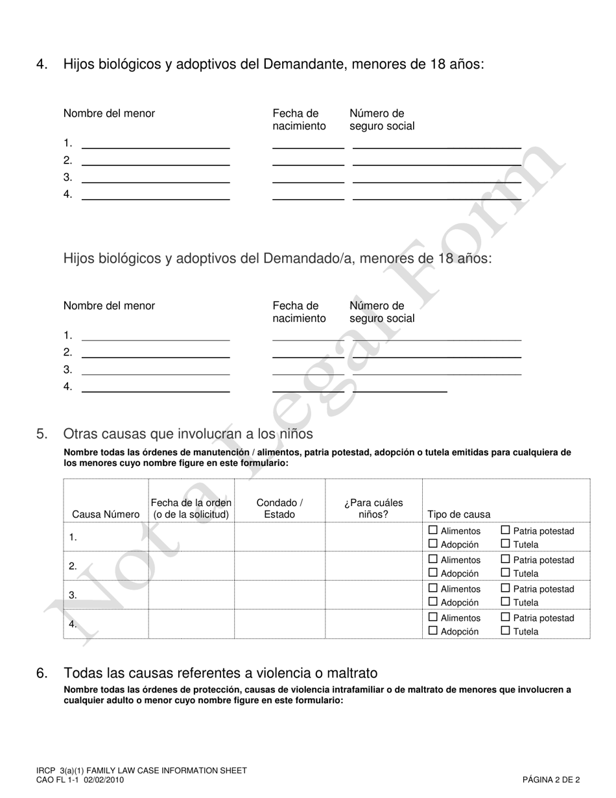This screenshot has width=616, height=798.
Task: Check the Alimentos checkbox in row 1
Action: click(433, 530)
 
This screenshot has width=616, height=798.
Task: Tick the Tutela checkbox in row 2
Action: click(506, 573)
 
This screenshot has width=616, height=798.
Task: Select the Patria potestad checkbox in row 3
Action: click(506, 588)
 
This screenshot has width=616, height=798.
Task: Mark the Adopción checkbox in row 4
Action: click(433, 631)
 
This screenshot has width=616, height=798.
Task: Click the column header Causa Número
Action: click(106, 514)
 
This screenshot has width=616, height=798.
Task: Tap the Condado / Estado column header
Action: click(279, 509)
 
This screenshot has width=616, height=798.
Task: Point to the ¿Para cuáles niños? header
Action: click(373, 509)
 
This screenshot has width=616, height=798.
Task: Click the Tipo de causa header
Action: click(459, 514)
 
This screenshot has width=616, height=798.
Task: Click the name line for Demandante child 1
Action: click(156, 143)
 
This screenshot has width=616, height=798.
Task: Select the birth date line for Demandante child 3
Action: click(308, 178)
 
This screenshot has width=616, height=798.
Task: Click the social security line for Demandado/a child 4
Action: click(399, 387)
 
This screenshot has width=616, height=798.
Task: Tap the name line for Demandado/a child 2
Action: click(156, 353)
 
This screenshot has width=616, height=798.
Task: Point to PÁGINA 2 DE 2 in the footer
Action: click(551, 780)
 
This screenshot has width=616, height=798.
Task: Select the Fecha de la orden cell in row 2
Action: click(191, 566)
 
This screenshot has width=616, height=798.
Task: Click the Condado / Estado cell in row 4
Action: click(279, 624)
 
